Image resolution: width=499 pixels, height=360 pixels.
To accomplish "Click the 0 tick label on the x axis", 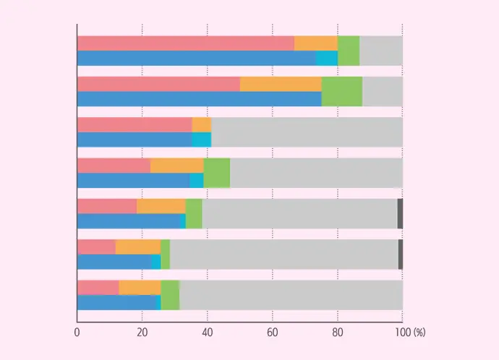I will pyautogui.click(x=77, y=333).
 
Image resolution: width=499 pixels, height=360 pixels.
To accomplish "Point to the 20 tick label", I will pyautogui.click(x=142, y=333).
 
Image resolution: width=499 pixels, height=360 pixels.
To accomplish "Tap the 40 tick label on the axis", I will pyautogui.click(x=208, y=333).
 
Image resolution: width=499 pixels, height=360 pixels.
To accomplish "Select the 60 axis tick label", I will pyautogui.click(x=273, y=333).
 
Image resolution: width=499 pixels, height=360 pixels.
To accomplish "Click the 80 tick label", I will pyautogui.click(x=338, y=333).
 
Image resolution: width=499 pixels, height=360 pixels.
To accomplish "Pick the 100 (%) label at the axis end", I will pyautogui.click(x=409, y=333).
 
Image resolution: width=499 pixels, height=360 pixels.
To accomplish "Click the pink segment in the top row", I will pyautogui.click(x=185, y=43).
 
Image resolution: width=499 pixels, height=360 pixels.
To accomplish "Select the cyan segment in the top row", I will pyautogui.click(x=327, y=59).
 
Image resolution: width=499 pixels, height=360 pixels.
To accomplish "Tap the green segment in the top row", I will pyautogui.click(x=349, y=51).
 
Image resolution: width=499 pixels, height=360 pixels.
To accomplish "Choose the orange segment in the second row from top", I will pyautogui.click(x=281, y=84).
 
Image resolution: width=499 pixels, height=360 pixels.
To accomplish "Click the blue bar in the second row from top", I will pyautogui.click(x=199, y=99).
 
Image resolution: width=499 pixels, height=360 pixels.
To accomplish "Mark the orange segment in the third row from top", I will pyautogui.click(x=201, y=124).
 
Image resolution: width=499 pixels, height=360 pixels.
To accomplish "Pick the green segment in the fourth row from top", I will pyautogui.click(x=217, y=173).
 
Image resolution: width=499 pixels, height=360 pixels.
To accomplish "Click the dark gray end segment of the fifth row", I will pyautogui.click(x=400, y=213).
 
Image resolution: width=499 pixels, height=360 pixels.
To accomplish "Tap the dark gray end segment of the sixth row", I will pyautogui.click(x=400, y=254).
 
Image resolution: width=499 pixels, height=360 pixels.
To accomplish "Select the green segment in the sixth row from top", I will pyautogui.click(x=165, y=254).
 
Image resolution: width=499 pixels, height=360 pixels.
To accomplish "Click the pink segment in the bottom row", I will pyautogui.click(x=98, y=287).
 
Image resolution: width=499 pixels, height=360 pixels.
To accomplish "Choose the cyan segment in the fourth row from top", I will pyautogui.click(x=197, y=181).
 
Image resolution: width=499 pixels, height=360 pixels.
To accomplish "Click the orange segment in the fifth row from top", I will pyautogui.click(x=161, y=205).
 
